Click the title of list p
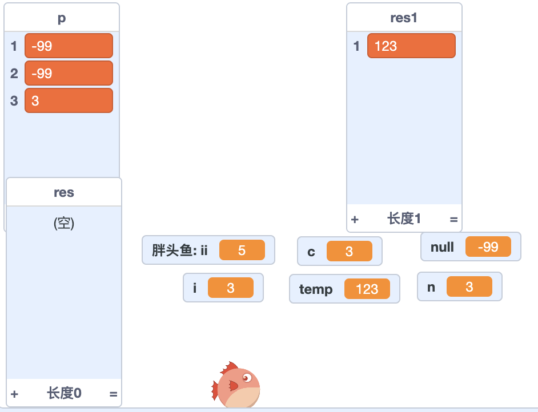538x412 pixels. pyautogui.click(x=62, y=18)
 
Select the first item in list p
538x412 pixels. pyautogui.click(x=69, y=46)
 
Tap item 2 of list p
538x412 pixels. pyautogui.click(x=69, y=74)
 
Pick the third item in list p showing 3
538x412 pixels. pyautogui.click(x=69, y=101)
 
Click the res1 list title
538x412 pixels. pyautogui.click(x=404, y=18)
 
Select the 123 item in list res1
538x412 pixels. pyautogui.click(x=411, y=46)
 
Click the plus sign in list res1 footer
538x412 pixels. pyautogui.click(x=355, y=219)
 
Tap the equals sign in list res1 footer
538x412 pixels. pyautogui.click(x=453, y=219)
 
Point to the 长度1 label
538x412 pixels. pyautogui.click(x=404, y=219)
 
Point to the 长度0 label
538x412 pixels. pyautogui.click(x=64, y=393)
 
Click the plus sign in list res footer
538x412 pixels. pyautogui.click(x=14, y=394)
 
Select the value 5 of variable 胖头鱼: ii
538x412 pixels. pyautogui.click(x=242, y=251)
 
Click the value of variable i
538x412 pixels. pyautogui.click(x=230, y=288)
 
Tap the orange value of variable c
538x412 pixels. pyautogui.click(x=349, y=252)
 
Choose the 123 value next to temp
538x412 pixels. pyautogui.click(x=367, y=289)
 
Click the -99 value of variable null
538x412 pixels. pyautogui.click(x=488, y=247)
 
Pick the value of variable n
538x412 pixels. pyautogui.click(x=469, y=287)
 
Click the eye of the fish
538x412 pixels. pyautogui.click(x=246, y=378)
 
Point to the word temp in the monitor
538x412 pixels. pyautogui.click(x=316, y=289)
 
